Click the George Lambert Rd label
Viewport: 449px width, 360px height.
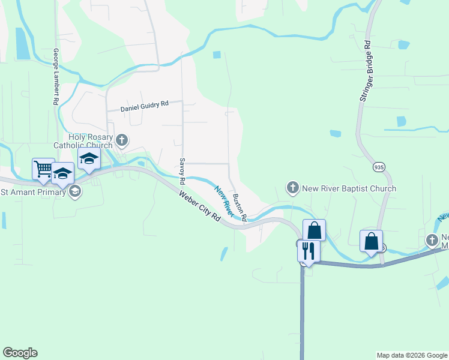coord(55,77)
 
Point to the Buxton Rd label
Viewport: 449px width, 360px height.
coord(240,208)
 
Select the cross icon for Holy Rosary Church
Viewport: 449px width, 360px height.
coord(122,141)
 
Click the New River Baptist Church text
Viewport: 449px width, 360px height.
coord(349,188)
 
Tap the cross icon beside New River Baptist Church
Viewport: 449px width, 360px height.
coord(293,188)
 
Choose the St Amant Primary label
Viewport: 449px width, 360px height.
coord(33,192)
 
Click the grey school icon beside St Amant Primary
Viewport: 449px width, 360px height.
coord(75,192)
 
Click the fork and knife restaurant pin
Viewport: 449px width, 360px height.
coord(309,250)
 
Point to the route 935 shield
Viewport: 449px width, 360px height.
coord(378,166)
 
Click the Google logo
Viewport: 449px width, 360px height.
coord(20,353)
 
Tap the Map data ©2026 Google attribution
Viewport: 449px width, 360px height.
coord(412,355)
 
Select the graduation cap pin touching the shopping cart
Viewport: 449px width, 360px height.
coord(62,173)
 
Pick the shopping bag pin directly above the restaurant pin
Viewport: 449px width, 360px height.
coord(315,230)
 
